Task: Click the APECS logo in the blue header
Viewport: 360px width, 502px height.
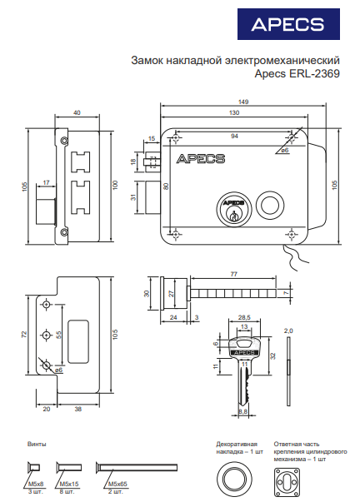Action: [287, 24]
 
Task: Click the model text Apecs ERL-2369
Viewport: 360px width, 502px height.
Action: [297, 73]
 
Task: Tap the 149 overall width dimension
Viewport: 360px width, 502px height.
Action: [243, 102]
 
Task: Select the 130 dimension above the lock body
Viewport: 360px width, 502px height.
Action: [234, 112]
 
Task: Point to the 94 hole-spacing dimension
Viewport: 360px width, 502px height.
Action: [234, 136]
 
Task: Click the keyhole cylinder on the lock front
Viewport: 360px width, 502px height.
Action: [233, 210]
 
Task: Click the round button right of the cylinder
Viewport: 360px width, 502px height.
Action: [270, 204]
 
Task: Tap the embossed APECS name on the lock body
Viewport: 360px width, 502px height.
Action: [201, 159]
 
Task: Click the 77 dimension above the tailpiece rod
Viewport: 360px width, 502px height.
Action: [233, 274]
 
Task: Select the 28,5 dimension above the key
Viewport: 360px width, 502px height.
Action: [244, 317]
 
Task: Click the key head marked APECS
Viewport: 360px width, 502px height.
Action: [245, 348]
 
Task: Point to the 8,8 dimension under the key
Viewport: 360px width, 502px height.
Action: [243, 411]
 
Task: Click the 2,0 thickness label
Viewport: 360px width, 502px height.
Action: [288, 331]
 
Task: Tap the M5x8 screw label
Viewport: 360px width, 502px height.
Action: [36, 484]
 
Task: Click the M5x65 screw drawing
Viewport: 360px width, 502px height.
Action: [137, 467]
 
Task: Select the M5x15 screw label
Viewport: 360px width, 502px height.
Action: [69, 484]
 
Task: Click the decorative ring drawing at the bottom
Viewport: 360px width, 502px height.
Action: [234, 480]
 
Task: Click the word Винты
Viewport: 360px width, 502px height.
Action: [37, 444]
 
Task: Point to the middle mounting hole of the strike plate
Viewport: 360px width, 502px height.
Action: [47, 335]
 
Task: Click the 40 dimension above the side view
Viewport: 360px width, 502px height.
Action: [77, 112]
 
